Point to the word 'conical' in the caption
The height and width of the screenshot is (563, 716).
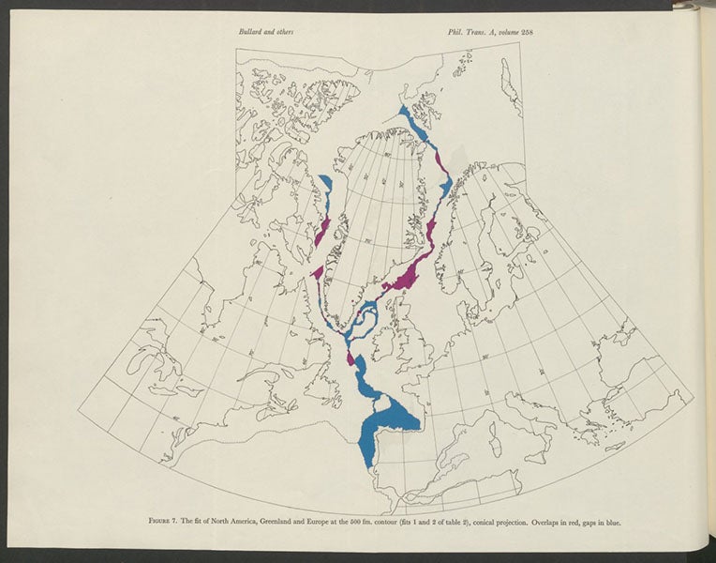(x=492, y=523)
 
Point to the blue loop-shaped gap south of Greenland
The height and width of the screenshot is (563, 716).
(x=361, y=319)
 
